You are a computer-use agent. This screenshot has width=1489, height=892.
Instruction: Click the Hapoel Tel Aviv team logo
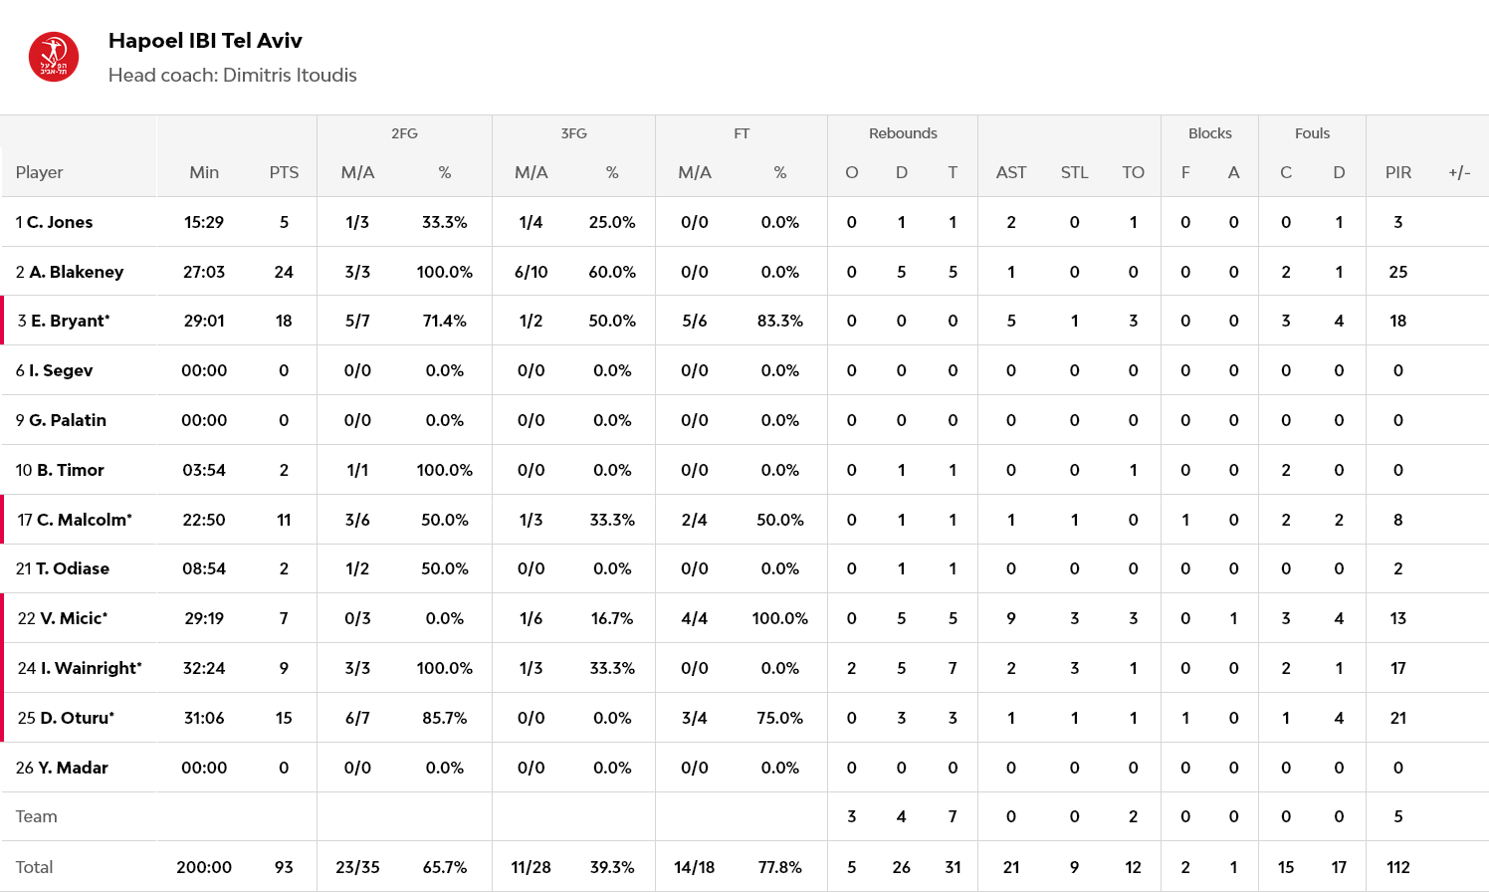coord(54,58)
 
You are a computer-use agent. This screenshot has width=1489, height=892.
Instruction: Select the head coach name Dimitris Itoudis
coord(290,76)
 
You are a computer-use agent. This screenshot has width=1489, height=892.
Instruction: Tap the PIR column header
coord(1397,172)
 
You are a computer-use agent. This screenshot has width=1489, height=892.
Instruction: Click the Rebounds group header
coord(903,133)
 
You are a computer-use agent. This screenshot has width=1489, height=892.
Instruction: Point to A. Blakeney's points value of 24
coord(284,272)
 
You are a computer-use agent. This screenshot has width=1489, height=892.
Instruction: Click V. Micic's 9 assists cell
coord(1010,618)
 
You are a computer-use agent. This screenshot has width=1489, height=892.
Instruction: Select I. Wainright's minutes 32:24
coord(204,668)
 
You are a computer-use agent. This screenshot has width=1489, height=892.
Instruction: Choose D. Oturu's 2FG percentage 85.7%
coord(444,718)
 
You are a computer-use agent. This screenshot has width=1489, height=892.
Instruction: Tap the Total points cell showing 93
coord(284,867)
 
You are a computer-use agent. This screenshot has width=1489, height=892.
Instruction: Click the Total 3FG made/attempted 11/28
coord(531,867)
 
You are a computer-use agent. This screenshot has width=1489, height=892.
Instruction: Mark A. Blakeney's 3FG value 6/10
coord(531,272)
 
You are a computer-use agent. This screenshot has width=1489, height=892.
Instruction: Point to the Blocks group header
coord(1209,133)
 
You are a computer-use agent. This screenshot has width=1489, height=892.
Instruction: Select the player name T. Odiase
coord(73,568)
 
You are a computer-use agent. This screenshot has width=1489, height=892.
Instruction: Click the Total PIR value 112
coord(1397,867)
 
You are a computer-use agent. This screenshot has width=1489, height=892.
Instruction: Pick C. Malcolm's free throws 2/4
coord(694,520)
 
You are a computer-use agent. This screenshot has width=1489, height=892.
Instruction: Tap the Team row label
coord(37,816)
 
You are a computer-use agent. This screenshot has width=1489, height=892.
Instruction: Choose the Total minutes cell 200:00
coord(204,867)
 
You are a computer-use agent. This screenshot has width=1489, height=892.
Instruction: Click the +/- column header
coord(1459,172)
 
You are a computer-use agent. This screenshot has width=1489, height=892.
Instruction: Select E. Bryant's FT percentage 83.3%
coord(779,321)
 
